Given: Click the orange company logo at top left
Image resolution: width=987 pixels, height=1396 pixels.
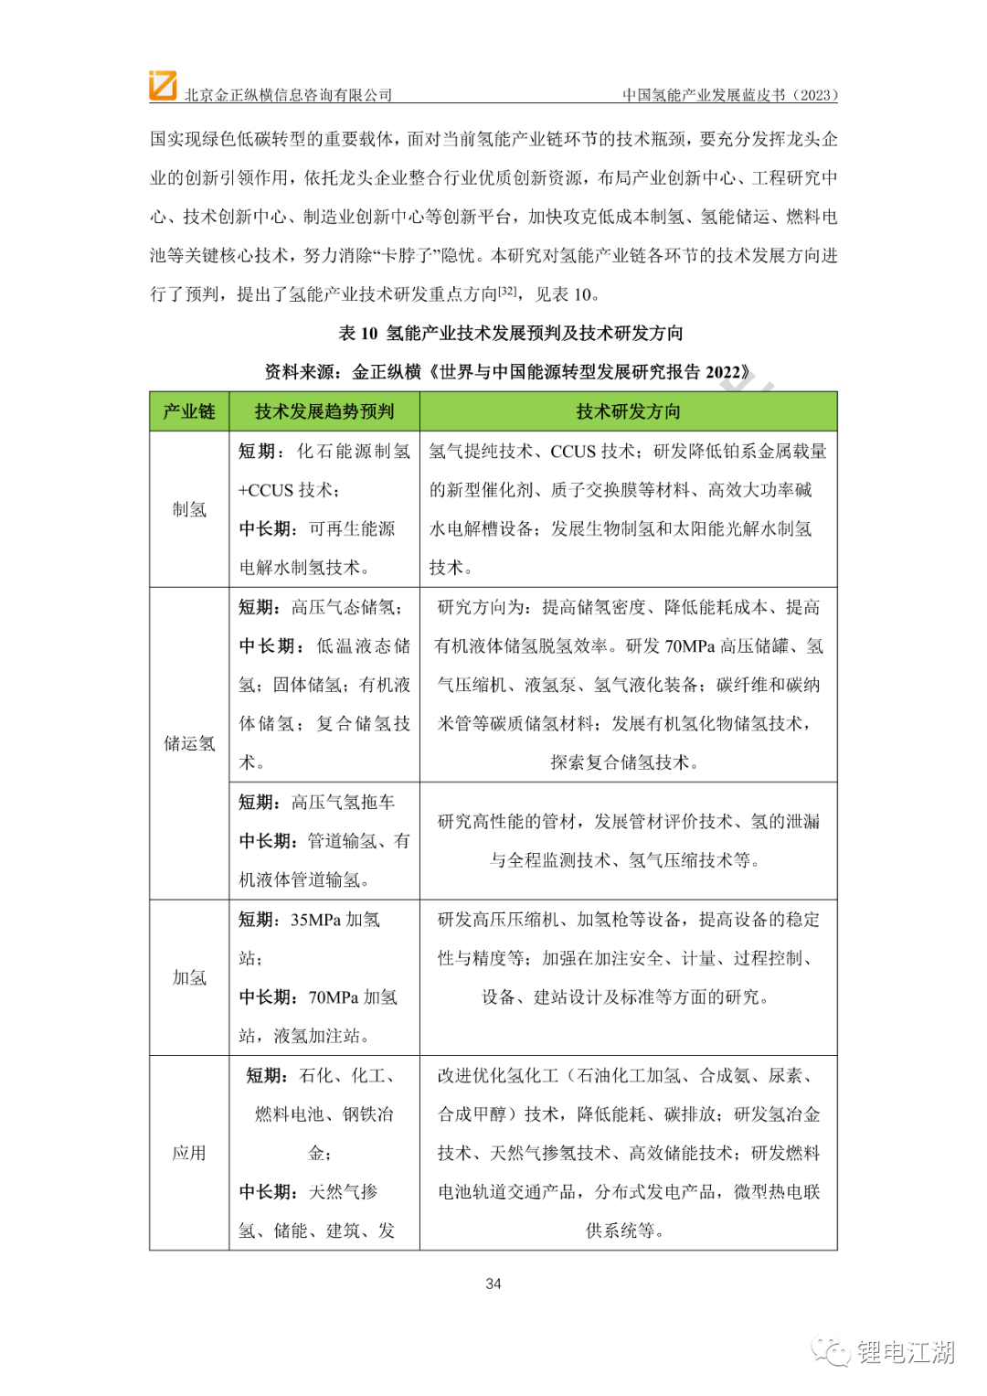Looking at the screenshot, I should click(x=163, y=85).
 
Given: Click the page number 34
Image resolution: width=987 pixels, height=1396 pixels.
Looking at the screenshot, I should click(x=493, y=1284).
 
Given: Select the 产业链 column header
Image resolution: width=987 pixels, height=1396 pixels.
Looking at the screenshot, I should click(x=189, y=411).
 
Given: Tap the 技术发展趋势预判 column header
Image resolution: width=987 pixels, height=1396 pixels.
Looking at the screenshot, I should click(x=324, y=411).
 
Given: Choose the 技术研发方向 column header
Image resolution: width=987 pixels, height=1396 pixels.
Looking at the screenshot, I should click(x=628, y=411).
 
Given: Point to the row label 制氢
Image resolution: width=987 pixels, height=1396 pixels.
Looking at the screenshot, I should click(x=189, y=509).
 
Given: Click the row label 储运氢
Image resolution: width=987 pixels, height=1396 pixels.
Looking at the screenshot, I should click(x=189, y=743).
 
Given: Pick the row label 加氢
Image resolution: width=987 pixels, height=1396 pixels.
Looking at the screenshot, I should click(x=189, y=977).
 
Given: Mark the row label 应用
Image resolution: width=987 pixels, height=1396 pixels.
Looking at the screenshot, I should click(x=189, y=1153).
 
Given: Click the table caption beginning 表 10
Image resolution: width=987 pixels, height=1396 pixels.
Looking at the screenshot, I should click(x=511, y=333).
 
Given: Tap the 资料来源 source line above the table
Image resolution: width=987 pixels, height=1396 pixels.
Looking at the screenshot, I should click(x=507, y=371).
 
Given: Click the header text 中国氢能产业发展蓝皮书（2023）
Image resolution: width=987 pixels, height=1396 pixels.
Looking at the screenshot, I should click(x=730, y=95).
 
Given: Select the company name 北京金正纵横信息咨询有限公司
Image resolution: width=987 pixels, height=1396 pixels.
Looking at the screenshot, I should click(x=288, y=95).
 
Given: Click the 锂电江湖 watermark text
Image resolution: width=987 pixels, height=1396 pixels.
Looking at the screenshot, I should click(x=906, y=1351).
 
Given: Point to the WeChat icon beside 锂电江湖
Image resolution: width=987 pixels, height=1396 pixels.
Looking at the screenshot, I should click(x=832, y=1351).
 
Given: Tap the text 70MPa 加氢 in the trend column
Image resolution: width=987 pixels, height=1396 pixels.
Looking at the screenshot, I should click(x=353, y=996).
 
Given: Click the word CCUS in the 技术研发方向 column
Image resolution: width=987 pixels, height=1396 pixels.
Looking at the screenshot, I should click(x=573, y=451).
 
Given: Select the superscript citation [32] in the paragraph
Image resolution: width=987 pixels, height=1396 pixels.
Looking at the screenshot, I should click(x=507, y=291).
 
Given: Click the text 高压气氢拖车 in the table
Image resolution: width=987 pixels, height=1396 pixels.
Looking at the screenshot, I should click(x=344, y=802).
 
